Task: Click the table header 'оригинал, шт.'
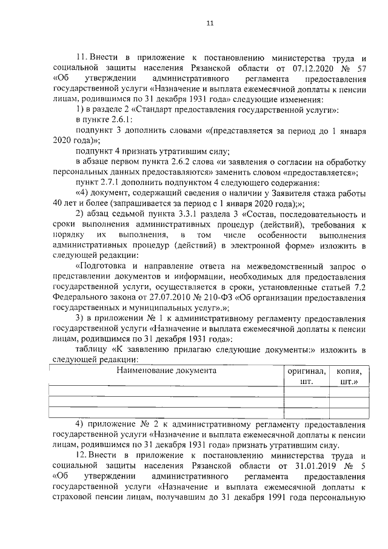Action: click(306, 376)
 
